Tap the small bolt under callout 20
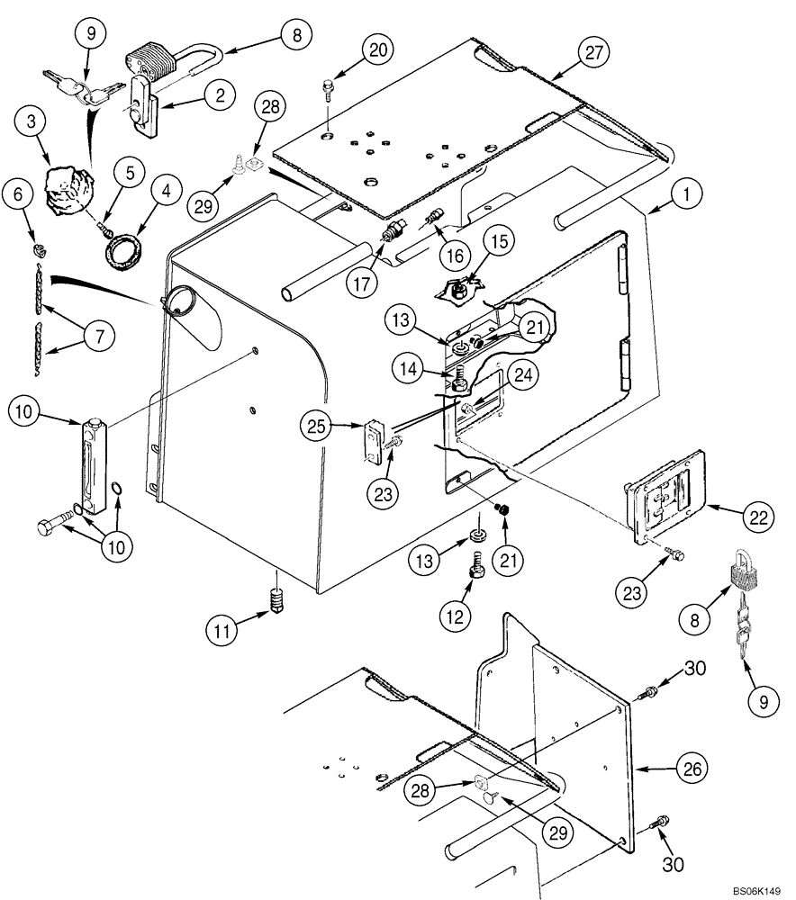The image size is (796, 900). (x=326, y=88)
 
